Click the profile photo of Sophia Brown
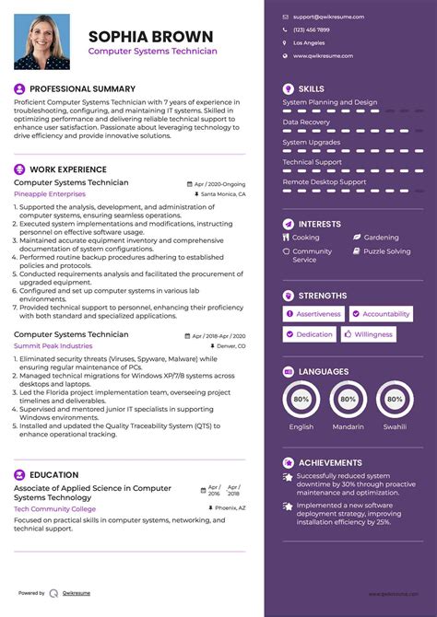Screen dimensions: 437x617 click(x=41, y=41)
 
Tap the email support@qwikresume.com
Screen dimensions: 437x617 click(x=328, y=17)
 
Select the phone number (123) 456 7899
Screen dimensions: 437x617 click(x=311, y=29)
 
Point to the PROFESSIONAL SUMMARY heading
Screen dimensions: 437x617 click(x=82, y=88)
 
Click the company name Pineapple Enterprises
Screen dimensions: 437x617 click(x=49, y=194)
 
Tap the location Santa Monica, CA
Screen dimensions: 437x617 click(x=222, y=194)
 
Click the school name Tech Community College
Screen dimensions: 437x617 click(x=54, y=508)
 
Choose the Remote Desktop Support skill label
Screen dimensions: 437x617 click(x=324, y=181)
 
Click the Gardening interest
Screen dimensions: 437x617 click(x=381, y=238)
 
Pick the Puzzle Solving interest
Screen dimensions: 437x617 click(x=386, y=251)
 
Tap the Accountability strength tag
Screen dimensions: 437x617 click(x=385, y=314)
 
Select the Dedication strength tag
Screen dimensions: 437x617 click(x=314, y=334)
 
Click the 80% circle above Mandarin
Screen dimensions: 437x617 click(x=348, y=400)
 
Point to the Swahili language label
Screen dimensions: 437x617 click(x=395, y=427)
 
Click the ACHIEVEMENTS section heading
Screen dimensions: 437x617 click(x=330, y=462)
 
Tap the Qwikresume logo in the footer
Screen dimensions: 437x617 click(x=54, y=593)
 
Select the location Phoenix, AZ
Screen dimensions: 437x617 click(x=229, y=508)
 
